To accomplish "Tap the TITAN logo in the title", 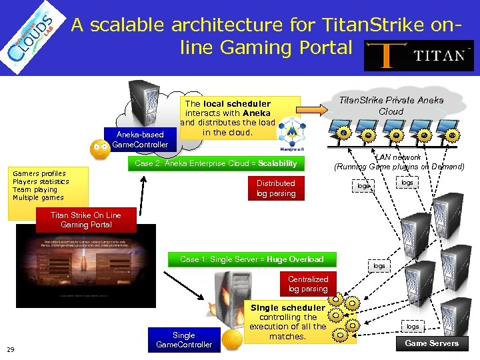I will [419, 55].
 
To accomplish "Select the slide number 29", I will [11, 349].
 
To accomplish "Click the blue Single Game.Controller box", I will [183, 339].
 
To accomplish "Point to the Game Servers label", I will [432, 343].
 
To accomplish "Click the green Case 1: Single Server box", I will [251, 259].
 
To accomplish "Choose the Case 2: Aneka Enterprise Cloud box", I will [215, 163].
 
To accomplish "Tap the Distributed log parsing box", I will [275, 188].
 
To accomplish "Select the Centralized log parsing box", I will [307, 283].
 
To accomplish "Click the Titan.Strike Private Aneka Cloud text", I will [391, 105].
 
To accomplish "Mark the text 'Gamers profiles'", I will [39, 173].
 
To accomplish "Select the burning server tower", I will [228, 301].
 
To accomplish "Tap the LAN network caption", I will [399, 162].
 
